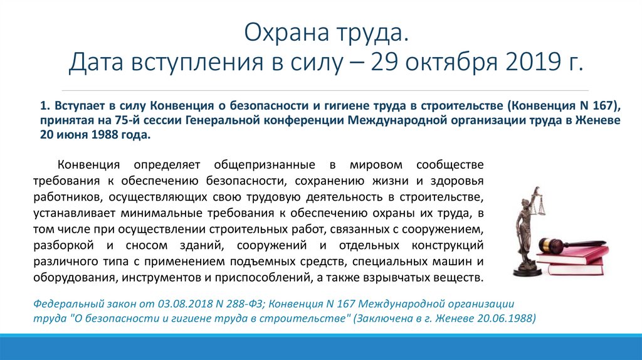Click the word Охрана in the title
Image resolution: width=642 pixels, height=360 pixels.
coord(286,32)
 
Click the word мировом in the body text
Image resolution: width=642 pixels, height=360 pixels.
coord(376,165)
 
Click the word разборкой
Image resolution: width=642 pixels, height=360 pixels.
coord(63,246)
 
